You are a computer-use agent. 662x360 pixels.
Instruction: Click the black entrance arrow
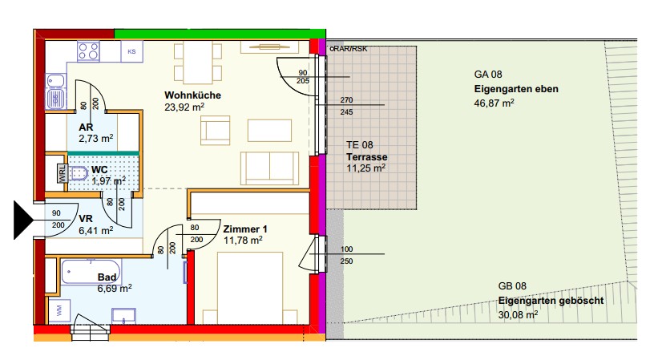point(22,220)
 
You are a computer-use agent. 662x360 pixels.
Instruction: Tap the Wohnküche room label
point(192,95)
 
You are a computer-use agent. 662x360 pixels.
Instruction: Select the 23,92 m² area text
point(184,107)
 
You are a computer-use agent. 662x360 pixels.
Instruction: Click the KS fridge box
point(131,51)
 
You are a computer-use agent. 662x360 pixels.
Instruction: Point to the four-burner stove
point(88,51)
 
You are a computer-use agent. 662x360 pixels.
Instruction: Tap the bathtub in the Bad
point(91,272)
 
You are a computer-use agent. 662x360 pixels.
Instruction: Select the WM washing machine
point(59,310)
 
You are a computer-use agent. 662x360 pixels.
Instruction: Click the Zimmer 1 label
point(245,229)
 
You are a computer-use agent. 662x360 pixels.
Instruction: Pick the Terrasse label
point(366,157)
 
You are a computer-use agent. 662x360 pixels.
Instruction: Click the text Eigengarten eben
point(516,89)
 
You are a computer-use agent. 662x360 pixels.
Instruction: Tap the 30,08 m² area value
point(518,314)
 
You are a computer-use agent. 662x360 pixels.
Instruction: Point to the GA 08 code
point(488,75)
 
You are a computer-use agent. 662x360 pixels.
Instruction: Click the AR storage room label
point(86,127)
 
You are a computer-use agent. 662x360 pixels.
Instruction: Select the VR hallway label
point(86,219)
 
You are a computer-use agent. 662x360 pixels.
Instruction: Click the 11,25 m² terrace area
point(365,168)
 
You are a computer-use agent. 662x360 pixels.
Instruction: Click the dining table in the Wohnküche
point(198,63)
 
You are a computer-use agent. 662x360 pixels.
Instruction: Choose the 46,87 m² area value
point(494,103)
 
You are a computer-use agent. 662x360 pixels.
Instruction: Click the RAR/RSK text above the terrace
point(349,49)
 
